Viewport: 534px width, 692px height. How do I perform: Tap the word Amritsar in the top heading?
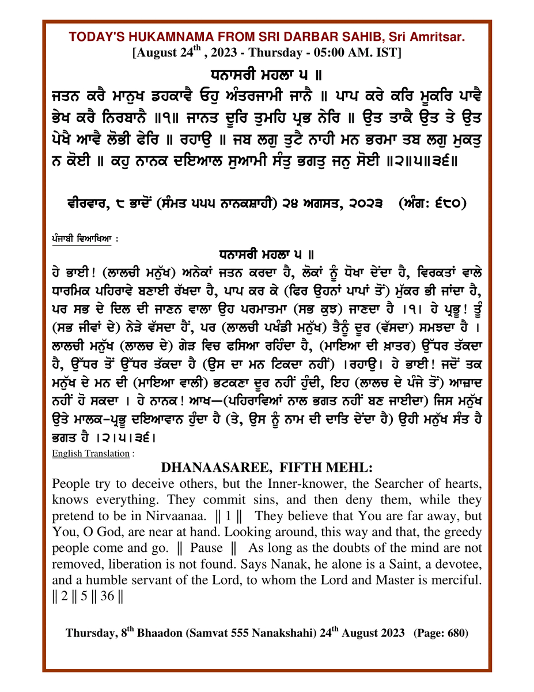pos(441,37)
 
